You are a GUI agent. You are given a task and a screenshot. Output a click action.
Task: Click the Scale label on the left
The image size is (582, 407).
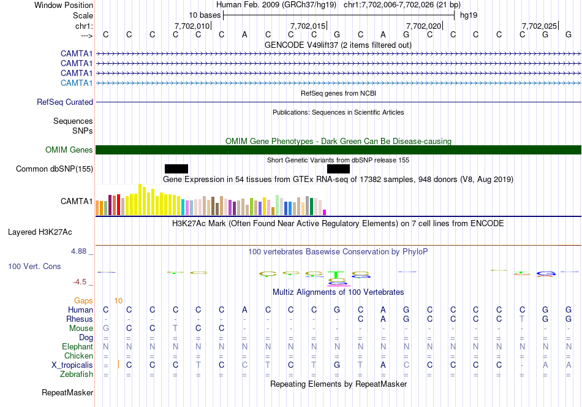click(83, 15)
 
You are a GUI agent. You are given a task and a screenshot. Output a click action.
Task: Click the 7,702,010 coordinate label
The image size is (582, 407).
click(192, 26)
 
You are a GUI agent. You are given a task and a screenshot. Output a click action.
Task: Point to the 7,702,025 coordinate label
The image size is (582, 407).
click(539, 26)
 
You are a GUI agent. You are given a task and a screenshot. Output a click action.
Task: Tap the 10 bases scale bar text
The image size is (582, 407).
click(204, 15)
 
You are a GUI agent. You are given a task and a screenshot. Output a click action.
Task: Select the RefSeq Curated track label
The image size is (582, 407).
click(65, 102)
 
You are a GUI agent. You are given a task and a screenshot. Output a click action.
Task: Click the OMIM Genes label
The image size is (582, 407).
click(69, 150)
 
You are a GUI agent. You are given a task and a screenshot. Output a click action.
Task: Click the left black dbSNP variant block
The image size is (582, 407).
click(176, 169)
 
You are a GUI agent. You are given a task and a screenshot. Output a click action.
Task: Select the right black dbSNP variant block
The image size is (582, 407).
click(338, 169)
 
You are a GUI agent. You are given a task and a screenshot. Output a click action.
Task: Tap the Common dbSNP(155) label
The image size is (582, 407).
click(55, 169)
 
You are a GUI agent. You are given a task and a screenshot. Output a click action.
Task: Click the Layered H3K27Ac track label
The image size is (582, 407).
click(40, 232)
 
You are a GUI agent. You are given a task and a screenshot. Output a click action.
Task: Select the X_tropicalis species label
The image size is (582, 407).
click(72, 365)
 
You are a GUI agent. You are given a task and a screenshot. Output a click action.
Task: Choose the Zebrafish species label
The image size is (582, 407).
click(77, 375)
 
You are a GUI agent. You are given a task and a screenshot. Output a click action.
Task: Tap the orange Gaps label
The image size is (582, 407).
click(83, 301)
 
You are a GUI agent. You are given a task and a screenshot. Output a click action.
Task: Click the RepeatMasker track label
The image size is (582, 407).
click(67, 392)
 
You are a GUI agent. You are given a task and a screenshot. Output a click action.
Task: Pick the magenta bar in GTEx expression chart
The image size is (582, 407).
click(325, 212)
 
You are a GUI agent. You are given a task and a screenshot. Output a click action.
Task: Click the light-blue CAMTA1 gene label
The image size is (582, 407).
click(77, 83)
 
